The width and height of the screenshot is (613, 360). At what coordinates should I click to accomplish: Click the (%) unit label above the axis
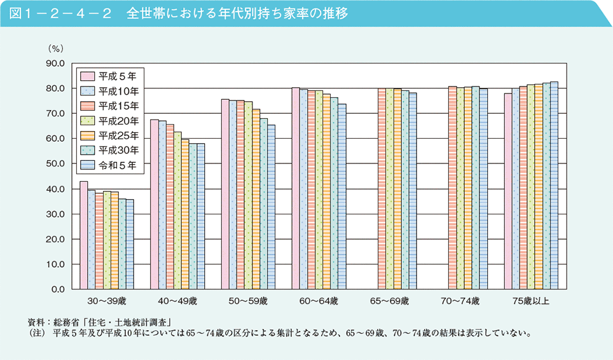(x=56, y=48)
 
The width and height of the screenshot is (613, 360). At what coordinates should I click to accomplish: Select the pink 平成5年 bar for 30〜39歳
(x=83, y=235)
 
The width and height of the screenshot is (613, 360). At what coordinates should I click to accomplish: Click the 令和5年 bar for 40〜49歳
(x=200, y=216)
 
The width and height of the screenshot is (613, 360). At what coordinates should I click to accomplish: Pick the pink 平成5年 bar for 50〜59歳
(x=225, y=194)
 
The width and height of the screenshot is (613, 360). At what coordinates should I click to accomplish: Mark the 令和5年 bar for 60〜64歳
(x=342, y=197)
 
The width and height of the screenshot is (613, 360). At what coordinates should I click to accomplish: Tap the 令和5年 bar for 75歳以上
(x=554, y=185)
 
